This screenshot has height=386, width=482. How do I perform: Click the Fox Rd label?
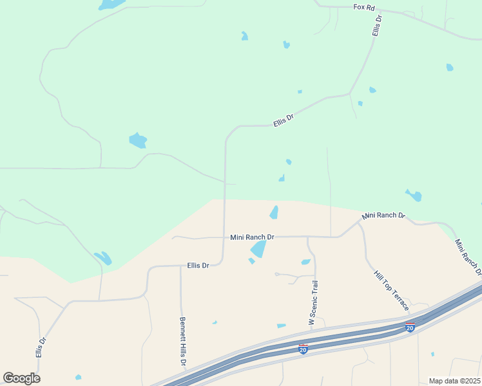click(x=364, y=7)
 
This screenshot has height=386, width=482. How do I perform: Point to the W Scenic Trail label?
click(x=313, y=302)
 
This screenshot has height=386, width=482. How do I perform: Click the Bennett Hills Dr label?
click(x=183, y=342)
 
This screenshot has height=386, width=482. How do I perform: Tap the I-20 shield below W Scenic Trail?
click(x=303, y=349)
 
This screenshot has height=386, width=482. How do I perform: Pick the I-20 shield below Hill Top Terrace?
click(x=409, y=327)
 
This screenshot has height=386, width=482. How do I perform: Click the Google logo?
click(x=21, y=378)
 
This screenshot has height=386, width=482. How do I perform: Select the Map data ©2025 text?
click(x=454, y=381)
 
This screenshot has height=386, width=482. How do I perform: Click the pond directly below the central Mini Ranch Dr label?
click(x=258, y=249)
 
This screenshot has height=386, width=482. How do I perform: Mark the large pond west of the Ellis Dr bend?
click(x=138, y=140)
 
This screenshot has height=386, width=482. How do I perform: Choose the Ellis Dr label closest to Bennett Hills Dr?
click(x=198, y=265)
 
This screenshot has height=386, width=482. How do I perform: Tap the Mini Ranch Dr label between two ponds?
click(x=253, y=237)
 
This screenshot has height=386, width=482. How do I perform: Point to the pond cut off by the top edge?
click(x=112, y=5)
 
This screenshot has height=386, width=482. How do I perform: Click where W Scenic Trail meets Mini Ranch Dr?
click(x=308, y=237)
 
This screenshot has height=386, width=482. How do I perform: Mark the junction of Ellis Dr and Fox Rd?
click(x=376, y=12)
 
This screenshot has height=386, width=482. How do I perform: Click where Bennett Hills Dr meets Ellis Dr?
click(x=180, y=265)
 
